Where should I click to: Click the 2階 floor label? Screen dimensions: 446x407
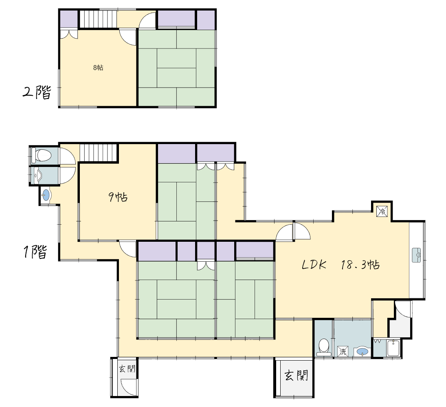(37, 92)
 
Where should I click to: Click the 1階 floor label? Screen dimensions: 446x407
(35, 252)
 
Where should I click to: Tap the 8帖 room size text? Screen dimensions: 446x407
(98, 68)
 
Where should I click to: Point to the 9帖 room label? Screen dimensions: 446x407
(118, 197)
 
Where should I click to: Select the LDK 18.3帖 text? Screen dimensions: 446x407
(341, 265)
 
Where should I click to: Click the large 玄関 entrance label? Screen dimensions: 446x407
(297, 375)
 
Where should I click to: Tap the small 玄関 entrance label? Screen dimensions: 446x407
(127, 369)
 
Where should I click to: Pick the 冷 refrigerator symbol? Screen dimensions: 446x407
(382, 212)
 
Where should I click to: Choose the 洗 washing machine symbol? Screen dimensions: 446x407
(343, 351)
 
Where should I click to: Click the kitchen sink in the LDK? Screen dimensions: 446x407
(416, 255)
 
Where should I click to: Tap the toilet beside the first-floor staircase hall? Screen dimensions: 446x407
(41, 155)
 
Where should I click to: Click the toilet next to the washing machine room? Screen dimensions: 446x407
(324, 347)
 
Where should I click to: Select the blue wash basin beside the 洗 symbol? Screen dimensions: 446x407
(362, 352)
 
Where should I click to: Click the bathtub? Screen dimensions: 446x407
(393, 348)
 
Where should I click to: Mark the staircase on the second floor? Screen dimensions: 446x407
(98, 19)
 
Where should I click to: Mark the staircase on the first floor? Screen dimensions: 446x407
(99, 153)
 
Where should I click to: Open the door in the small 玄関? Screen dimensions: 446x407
(129, 387)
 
